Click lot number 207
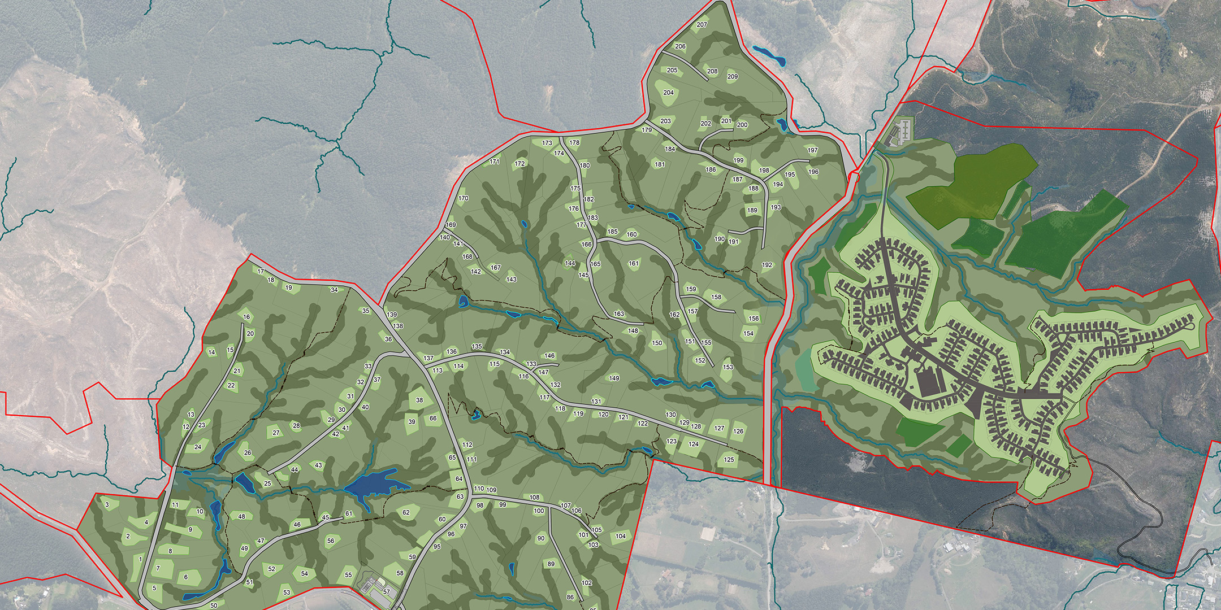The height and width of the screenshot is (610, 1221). (x=702, y=25)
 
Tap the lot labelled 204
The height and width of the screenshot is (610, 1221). (x=668, y=93)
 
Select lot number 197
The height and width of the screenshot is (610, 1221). (x=813, y=151)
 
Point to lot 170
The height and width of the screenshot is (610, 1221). (x=464, y=199)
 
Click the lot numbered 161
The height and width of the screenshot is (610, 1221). (x=633, y=264)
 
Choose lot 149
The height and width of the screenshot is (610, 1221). (x=614, y=378)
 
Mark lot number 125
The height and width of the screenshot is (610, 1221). (x=729, y=460)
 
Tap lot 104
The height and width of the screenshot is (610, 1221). (x=621, y=536)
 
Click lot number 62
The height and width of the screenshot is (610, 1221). (x=406, y=513)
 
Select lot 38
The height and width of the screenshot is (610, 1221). (x=419, y=400)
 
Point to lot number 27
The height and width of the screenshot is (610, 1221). (x=276, y=433)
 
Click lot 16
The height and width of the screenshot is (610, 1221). (x=246, y=317)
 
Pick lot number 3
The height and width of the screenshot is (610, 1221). (x=107, y=504)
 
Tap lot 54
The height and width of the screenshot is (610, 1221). (x=305, y=573)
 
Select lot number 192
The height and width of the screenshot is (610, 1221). (x=767, y=265)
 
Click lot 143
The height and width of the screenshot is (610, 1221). (x=512, y=280)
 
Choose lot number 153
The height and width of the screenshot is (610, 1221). (x=728, y=367)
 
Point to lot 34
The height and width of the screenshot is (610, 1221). (x=334, y=290)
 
